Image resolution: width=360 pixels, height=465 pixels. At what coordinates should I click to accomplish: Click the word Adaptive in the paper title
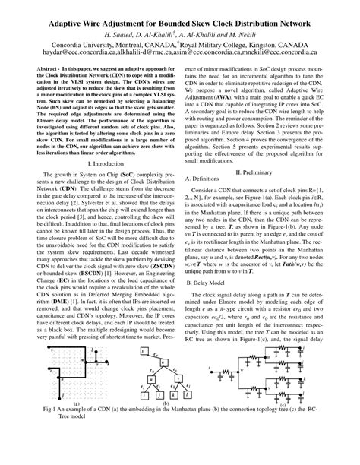74,25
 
